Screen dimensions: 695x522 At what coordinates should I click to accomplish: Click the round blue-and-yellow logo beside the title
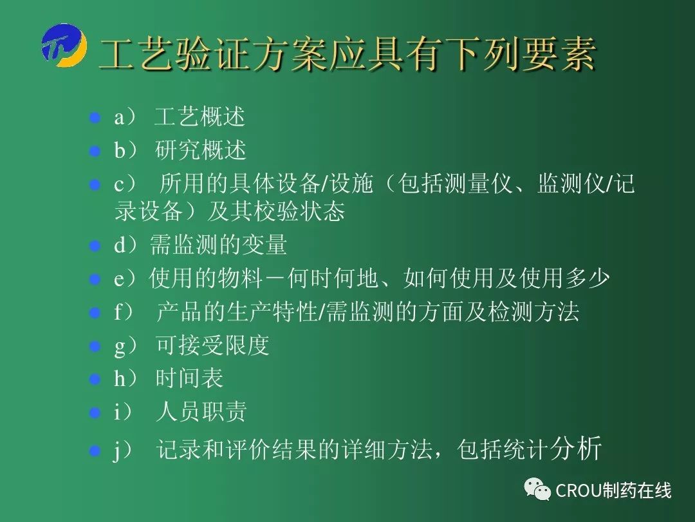click(x=64, y=46)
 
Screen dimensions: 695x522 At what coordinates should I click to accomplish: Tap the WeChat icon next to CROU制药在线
click(x=537, y=489)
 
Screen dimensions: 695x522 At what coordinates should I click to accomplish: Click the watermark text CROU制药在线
click(x=613, y=490)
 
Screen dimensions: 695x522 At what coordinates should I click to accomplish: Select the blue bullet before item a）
click(x=95, y=118)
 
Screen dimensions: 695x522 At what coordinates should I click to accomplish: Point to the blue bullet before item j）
click(x=95, y=451)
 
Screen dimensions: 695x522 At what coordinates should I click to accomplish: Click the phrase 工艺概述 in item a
click(x=199, y=117)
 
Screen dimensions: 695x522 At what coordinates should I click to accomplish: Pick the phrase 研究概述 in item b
click(x=200, y=150)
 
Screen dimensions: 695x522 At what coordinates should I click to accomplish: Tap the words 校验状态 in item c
click(x=299, y=211)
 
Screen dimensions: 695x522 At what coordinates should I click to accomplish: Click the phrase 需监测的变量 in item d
click(x=219, y=245)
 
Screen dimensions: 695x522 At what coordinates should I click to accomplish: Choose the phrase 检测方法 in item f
click(x=533, y=311)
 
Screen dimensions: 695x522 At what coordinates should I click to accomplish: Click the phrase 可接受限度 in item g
click(x=212, y=345)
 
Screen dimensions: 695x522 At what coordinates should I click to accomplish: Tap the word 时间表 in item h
click(x=189, y=378)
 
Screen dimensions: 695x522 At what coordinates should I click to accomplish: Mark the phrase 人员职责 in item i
click(x=201, y=411)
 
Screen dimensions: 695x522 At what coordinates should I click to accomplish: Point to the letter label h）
click(x=126, y=379)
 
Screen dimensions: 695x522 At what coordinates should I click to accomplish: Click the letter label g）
click(x=126, y=346)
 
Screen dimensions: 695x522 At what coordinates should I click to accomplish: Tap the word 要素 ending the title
click(x=559, y=54)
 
